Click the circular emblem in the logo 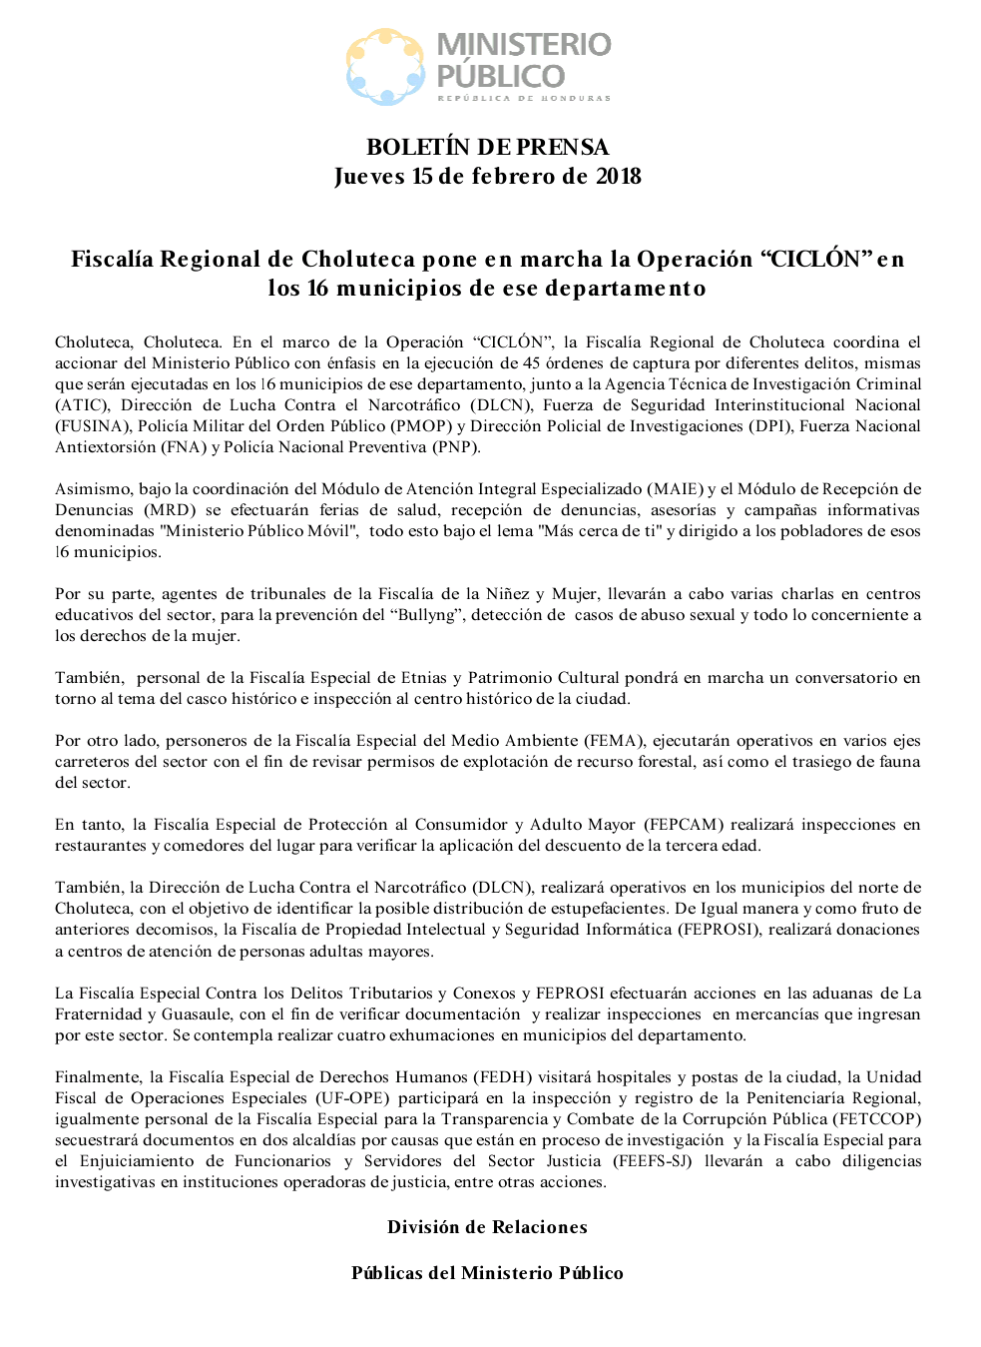[385, 66]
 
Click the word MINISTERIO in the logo [524, 45]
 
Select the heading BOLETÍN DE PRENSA [487, 147]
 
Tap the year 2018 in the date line [619, 177]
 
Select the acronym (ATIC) [82, 404]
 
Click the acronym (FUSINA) [92, 425]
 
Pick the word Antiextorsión [105, 446]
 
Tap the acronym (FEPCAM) [684, 824]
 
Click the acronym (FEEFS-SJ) [654, 1160]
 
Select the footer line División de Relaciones [487, 1227]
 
